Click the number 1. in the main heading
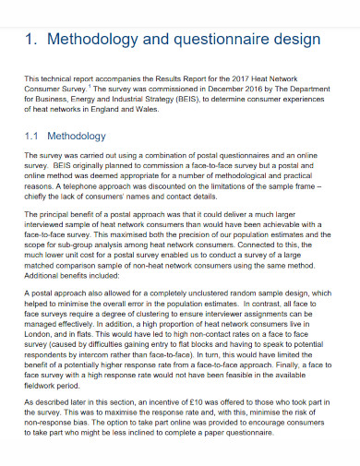[x=33, y=40]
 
